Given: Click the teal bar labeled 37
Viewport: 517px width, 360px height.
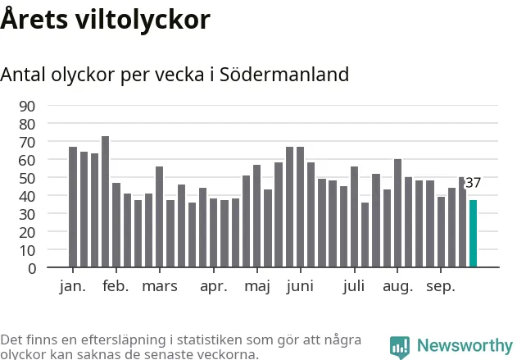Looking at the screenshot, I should coord(473,234).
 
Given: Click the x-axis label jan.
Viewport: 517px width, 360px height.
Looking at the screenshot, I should coord(73,286).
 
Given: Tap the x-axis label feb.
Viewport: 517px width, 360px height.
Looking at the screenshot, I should coord(116,286).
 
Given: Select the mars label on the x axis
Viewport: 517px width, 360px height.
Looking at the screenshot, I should coord(160,286).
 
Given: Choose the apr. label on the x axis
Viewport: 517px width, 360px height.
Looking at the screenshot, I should coord(214,286).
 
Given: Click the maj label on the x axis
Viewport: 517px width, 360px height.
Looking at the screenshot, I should coord(257,286).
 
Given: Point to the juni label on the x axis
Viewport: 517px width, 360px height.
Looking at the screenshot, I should coord(301,286).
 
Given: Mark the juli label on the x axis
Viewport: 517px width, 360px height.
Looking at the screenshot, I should coord(355,286).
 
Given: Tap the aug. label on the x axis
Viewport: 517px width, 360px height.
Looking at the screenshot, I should coord(398,286).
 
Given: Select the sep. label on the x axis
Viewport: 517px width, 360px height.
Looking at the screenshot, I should coord(442,286).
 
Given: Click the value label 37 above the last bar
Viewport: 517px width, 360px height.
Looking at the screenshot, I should coord(473,183).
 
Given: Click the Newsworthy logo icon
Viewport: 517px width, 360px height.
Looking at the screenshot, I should coord(400,347).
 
